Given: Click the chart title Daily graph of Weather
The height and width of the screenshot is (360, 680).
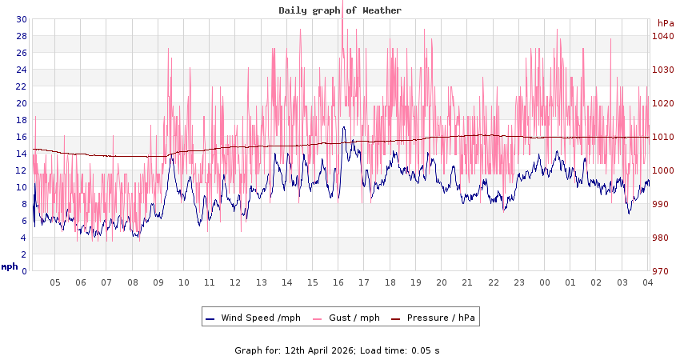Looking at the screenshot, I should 340,10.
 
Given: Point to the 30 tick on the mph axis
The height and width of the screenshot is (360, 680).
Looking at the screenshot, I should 22,19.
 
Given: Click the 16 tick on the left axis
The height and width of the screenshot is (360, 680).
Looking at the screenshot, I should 22,137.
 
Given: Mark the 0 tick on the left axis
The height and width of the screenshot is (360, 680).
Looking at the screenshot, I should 24,271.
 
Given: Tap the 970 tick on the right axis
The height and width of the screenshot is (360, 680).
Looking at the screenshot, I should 662,271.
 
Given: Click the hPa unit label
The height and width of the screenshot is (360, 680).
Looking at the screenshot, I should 666,23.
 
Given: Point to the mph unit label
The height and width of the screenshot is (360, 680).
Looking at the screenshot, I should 10,266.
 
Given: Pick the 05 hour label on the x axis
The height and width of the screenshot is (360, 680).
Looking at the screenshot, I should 55,282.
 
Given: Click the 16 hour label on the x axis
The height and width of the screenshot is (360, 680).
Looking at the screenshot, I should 338,282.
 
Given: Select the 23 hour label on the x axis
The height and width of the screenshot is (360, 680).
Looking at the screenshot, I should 519,282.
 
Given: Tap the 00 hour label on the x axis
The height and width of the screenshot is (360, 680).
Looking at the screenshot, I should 545,282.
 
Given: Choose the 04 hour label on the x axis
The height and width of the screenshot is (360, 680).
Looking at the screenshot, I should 647,282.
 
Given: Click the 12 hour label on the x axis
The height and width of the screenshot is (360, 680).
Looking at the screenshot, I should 235,282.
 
